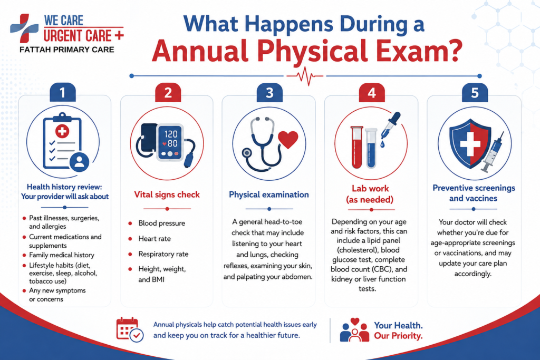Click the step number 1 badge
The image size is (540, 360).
click(63, 92)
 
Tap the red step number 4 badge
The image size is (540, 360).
click(372, 92)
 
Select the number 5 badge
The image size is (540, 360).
click(475, 92)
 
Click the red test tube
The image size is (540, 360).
click(357, 147)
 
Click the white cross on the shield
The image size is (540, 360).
click(470, 143)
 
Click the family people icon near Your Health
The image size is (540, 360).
click(354, 330)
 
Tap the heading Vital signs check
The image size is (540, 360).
click(167, 195)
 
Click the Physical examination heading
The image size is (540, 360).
click(269, 195)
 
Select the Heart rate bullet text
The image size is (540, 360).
click(155, 239)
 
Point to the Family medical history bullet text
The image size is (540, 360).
click(62, 255)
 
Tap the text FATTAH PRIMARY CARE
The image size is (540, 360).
click(67, 50)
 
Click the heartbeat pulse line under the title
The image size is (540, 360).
click(305, 76)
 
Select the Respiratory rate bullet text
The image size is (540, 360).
click(163, 254)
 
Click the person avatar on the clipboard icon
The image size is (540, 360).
click(79, 161)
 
